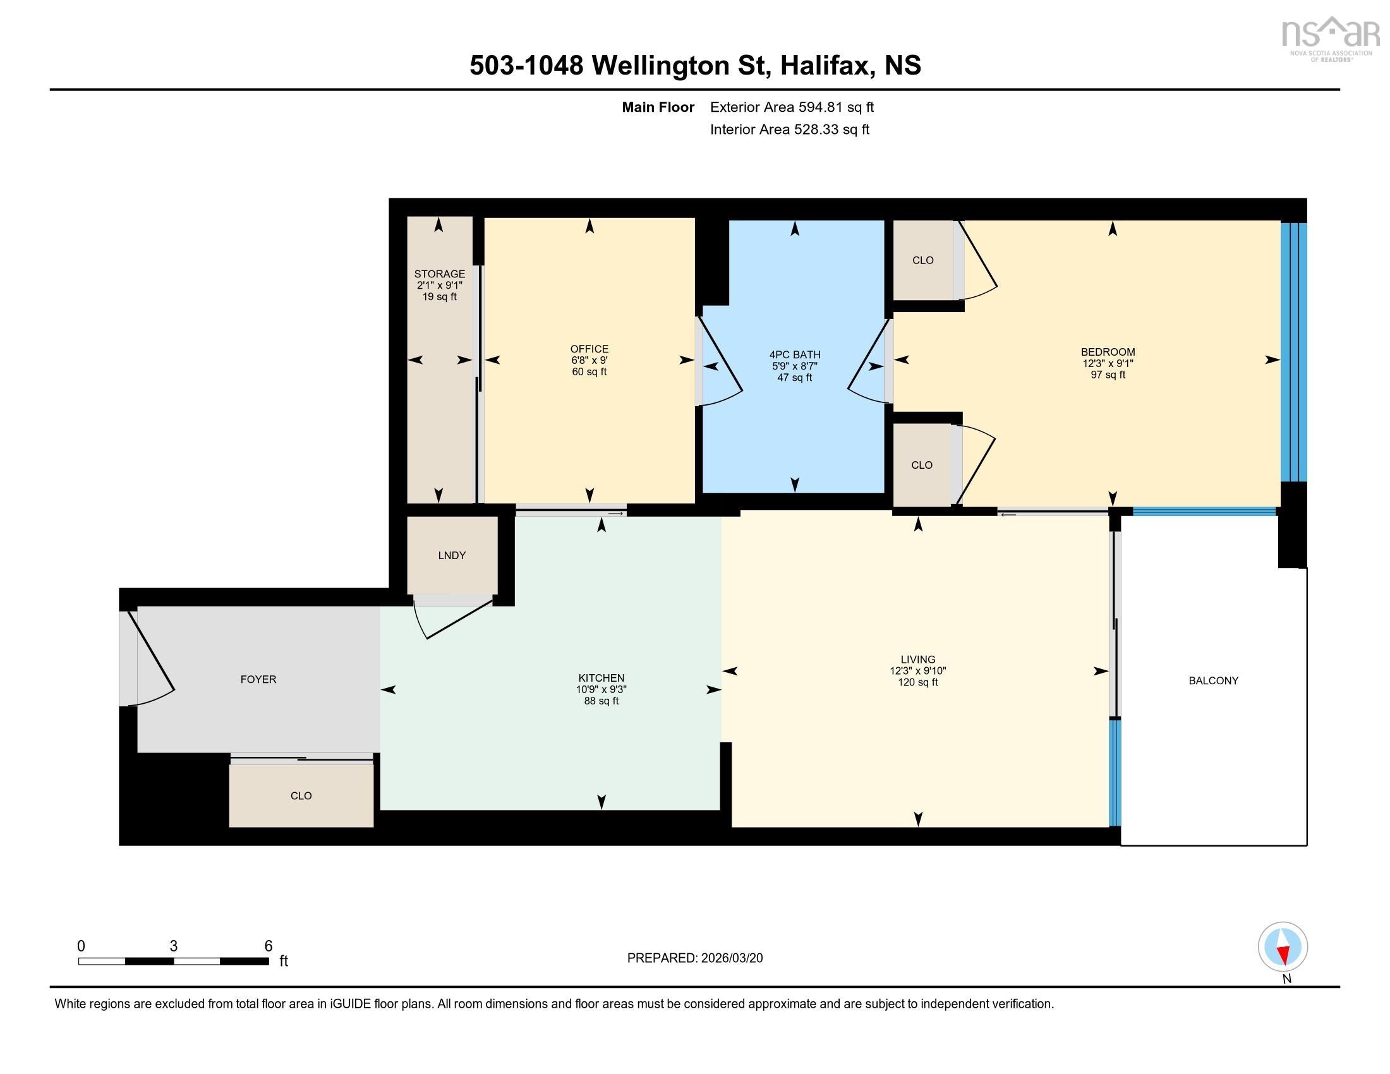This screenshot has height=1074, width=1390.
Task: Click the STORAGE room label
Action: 439,274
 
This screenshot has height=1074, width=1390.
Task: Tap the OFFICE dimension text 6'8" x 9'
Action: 589,360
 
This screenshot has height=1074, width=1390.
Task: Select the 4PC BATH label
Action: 794,354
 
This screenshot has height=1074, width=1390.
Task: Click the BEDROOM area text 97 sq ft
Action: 1108,375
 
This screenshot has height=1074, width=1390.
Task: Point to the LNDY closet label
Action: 452,555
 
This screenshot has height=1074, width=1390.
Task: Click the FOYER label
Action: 258,680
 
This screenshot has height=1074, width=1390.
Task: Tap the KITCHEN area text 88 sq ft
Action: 601,701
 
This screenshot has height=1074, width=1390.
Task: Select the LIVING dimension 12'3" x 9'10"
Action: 917,670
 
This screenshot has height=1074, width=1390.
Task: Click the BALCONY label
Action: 1213,681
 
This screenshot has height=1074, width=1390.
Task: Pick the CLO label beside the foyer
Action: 301,796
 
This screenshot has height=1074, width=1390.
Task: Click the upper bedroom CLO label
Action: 922,260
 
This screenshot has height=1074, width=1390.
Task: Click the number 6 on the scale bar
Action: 269,946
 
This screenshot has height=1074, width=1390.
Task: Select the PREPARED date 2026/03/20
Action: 731,958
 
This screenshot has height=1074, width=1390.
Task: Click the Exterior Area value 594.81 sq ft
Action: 836,107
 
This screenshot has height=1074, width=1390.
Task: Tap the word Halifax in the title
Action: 826,66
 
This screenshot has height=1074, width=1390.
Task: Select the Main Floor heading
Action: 658,107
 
